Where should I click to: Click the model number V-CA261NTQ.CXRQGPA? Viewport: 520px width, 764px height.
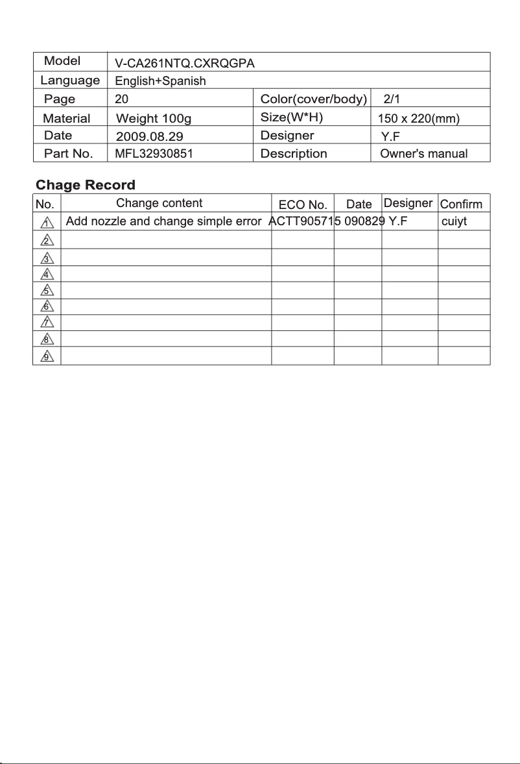click(x=185, y=64)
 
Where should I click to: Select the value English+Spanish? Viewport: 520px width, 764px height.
click(x=160, y=81)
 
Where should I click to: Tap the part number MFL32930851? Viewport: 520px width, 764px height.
click(x=154, y=154)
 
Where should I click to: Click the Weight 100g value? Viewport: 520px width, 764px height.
click(x=154, y=118)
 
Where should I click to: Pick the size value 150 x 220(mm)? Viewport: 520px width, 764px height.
click(x=418, y=118)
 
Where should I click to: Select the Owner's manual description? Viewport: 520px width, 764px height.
click(x=423, y=154)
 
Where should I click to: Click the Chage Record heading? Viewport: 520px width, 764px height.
click(x=86, y=185)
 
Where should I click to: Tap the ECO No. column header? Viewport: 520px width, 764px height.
click(x=303, y=204)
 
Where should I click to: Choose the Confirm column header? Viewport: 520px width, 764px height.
click(x=461, y=204)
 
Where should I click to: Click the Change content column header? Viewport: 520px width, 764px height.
click(x=160, y=203)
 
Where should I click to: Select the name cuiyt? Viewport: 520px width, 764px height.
click(x=454, y=221)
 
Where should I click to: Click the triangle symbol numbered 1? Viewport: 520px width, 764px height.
click(x=46, y=223)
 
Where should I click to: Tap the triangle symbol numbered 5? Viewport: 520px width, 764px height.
click(x=46, y=290)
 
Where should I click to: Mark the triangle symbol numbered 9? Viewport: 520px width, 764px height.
click(x=46, y=356)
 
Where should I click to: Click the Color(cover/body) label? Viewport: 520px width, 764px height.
click(x=314, y=99)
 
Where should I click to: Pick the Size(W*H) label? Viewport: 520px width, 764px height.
click(x=292, y=117)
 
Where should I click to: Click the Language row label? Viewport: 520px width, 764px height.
click(x=70, y=80)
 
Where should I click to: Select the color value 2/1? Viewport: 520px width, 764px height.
click(x=392, y=99)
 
